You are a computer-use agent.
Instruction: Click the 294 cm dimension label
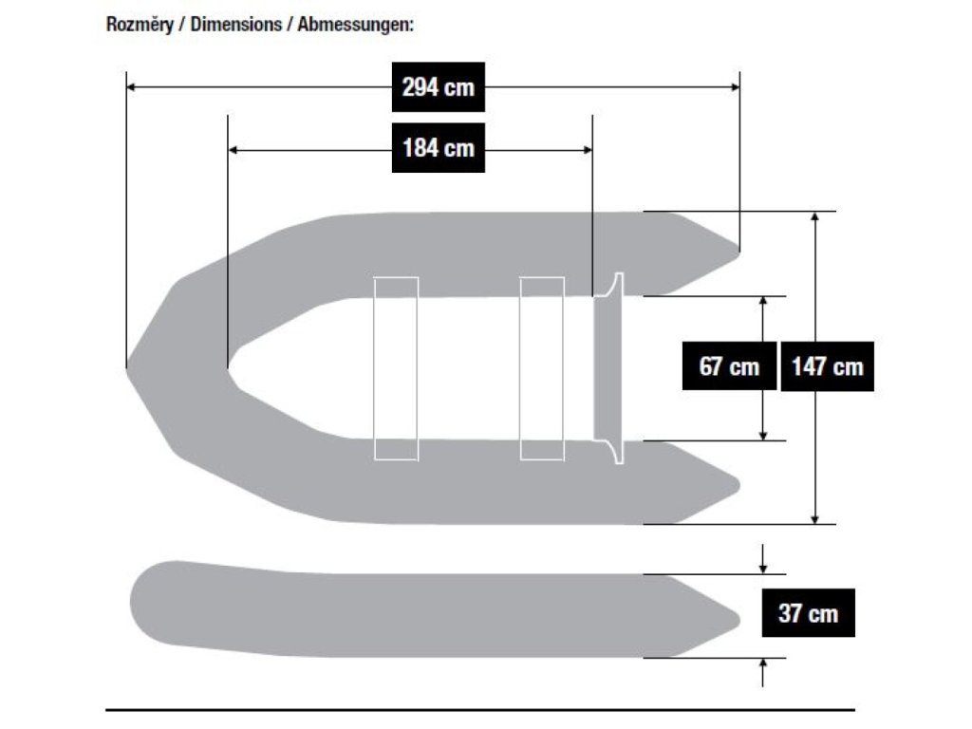pos(438,87)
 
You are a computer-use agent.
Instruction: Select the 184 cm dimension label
pos(438,148)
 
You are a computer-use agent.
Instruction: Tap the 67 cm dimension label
pos(729,365)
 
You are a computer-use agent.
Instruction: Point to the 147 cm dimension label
pos(827,365)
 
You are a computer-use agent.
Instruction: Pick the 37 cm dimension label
pos(808,613)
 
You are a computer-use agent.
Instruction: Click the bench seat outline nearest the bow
pos(396,368)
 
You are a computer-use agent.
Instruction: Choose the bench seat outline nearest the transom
pos(542,368)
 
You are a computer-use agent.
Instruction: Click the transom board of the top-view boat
pos(607,368)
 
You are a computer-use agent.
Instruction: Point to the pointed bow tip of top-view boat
pos(128,366)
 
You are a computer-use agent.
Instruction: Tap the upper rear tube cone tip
pos(738,251)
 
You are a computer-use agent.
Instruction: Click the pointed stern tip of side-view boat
pos(738,617)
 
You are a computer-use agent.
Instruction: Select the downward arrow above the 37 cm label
pos(763,567)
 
